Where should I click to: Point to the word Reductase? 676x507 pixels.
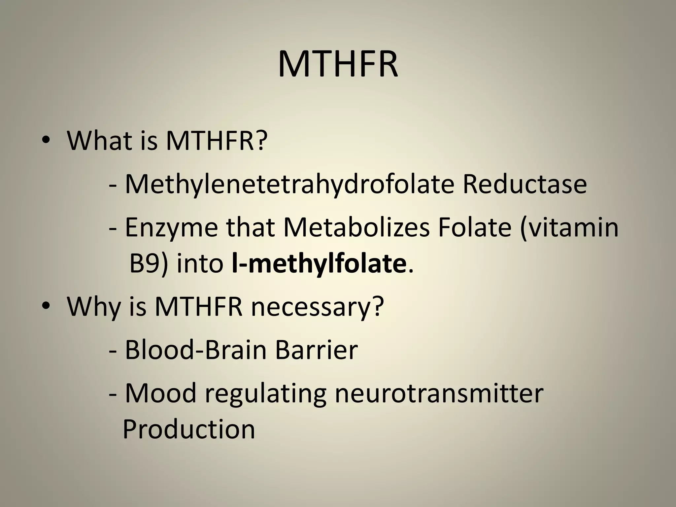click(524, 184)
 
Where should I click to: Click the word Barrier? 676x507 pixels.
click(316, 350)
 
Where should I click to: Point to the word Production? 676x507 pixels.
click(188, 429)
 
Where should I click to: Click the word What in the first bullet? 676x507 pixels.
click(97, 141)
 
